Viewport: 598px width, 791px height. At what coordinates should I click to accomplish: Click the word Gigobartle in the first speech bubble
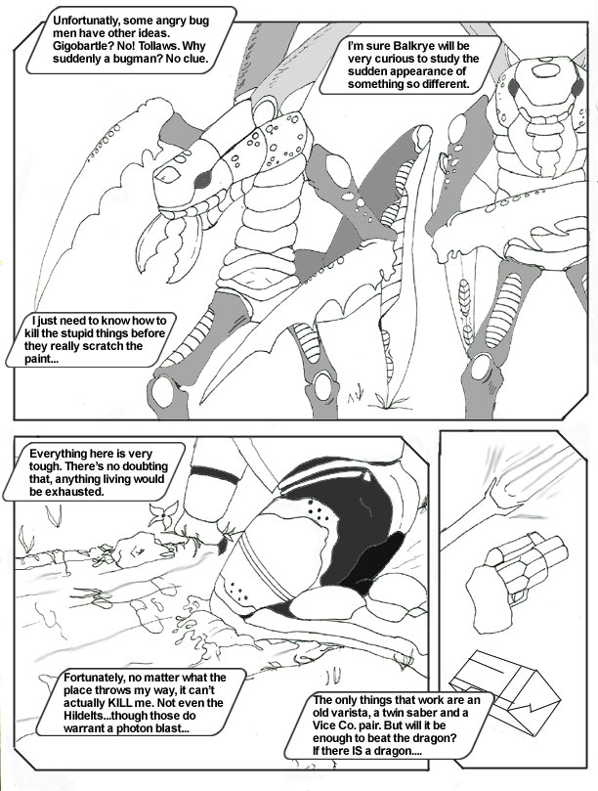pos(78,46)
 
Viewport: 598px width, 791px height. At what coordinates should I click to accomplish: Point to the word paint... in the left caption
pos(39,359)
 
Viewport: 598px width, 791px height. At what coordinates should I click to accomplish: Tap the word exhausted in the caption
pos(65,492)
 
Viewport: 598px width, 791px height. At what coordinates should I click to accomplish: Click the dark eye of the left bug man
pos(203,179)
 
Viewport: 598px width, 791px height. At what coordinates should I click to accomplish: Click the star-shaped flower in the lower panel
pos(164,513)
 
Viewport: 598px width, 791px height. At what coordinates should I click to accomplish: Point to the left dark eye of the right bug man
pos(514,89)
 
